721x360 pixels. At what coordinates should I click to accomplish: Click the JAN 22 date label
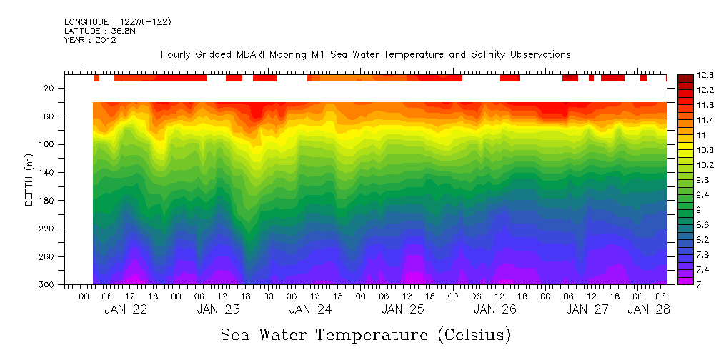(x=126, y=309)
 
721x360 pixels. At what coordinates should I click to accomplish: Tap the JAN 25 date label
(x=403, y=309)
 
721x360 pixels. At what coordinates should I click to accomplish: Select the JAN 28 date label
(x=649, y=309)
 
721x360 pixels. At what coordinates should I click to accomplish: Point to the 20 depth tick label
(x=49, y=89)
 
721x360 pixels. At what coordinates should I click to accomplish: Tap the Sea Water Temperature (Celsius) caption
(x=366, y=334)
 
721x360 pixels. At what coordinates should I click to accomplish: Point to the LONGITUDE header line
(x=118, y=22)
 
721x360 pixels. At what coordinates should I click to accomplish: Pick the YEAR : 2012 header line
(x=90, y=41)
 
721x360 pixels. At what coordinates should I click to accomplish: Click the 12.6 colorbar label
(x=706, y=74)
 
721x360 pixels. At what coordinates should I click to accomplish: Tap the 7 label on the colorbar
(x=700, y=285)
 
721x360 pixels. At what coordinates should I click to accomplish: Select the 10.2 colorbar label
(x=706, y=165)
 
